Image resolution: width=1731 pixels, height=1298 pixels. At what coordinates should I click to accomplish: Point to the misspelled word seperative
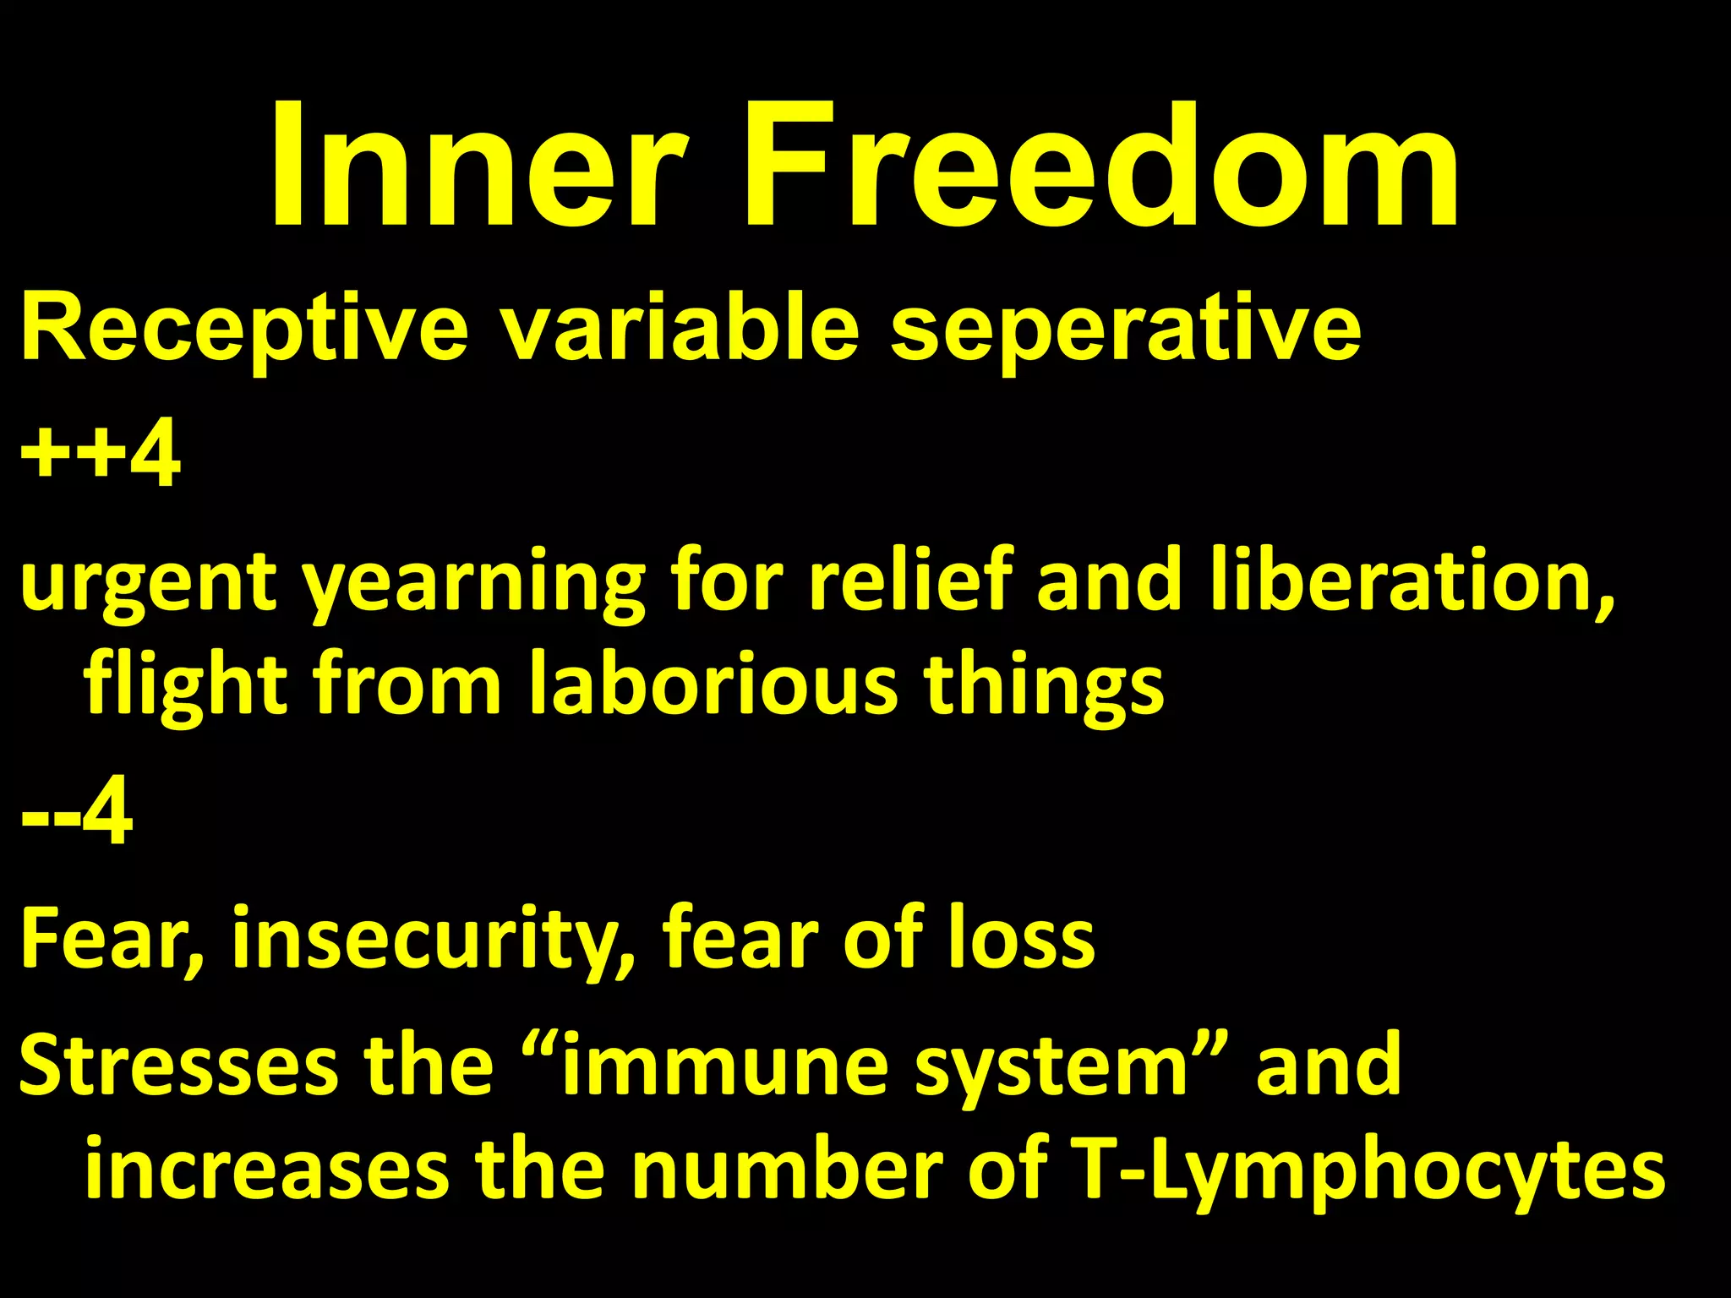point(1125,330)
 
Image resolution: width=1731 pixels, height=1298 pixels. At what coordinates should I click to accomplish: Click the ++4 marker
point(100,456)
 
